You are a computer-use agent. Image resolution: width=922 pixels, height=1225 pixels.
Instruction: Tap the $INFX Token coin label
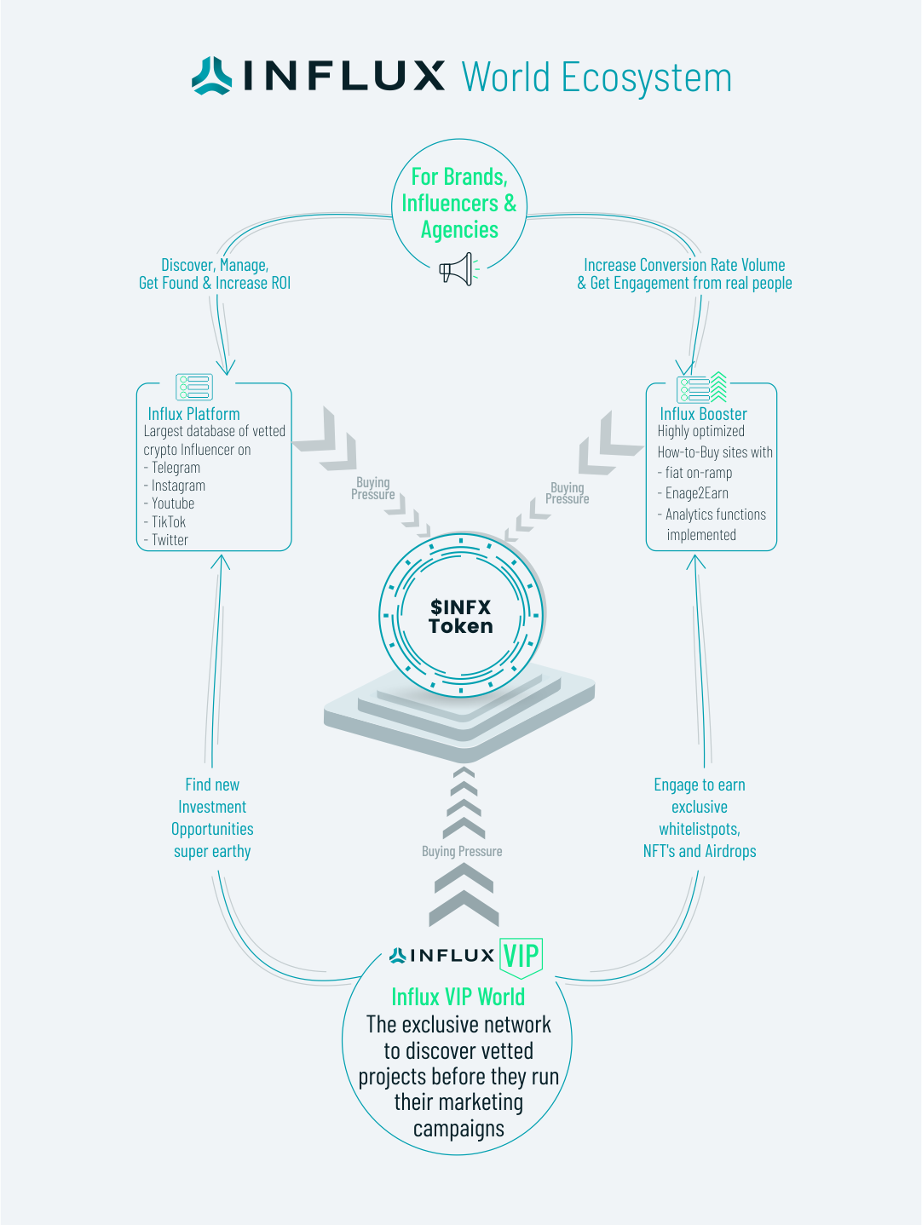point(460,616)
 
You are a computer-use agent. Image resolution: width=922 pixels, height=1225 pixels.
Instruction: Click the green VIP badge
point(521,956)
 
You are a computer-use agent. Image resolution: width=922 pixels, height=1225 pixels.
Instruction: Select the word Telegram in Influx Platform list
point(176,468)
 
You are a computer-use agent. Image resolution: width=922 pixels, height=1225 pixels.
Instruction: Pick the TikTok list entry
point(169,522)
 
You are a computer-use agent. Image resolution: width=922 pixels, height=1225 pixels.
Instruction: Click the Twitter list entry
point(170,540)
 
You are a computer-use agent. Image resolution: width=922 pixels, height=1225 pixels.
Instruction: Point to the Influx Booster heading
point(703,414)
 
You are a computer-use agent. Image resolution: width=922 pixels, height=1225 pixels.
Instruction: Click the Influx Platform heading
point(193,414)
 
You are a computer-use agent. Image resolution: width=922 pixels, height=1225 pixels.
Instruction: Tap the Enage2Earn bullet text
point(696,493)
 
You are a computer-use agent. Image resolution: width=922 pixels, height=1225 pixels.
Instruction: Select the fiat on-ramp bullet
point(699,473)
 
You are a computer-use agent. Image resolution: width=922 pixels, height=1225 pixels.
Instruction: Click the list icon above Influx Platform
point(193,387)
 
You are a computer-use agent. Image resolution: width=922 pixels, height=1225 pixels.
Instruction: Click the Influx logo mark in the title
point(211,76)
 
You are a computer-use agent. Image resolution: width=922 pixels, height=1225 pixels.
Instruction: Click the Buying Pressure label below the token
point(462,851)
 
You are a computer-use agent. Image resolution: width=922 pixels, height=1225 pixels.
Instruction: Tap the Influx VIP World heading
point(458,997)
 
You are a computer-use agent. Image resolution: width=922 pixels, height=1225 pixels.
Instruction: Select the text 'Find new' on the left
point(212,785)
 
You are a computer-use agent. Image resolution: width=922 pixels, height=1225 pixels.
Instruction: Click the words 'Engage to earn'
point(700,785)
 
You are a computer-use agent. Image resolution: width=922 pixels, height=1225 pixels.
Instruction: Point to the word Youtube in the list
point(173,503)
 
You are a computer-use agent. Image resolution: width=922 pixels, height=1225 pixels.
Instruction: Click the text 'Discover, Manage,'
point(215,265)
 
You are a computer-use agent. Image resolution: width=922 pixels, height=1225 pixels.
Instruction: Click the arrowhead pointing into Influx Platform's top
point(226,368)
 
